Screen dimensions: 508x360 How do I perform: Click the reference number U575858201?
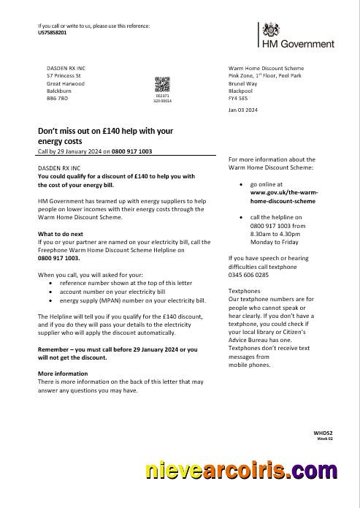(52, 33)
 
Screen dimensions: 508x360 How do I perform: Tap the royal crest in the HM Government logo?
(272, 31)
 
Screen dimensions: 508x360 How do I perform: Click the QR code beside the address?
(162, 84)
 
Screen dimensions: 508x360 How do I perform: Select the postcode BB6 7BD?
(57, 97)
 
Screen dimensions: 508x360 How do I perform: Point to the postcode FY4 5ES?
(239, 97)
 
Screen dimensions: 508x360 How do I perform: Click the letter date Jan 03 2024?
(243, 110)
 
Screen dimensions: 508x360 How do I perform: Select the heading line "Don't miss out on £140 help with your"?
(105, 131)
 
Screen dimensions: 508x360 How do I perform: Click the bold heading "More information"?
(63, 374)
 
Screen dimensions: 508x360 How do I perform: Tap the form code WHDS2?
(323, 433)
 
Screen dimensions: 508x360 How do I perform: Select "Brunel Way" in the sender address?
(245, 83)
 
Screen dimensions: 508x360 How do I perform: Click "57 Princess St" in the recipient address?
(64, 75)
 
